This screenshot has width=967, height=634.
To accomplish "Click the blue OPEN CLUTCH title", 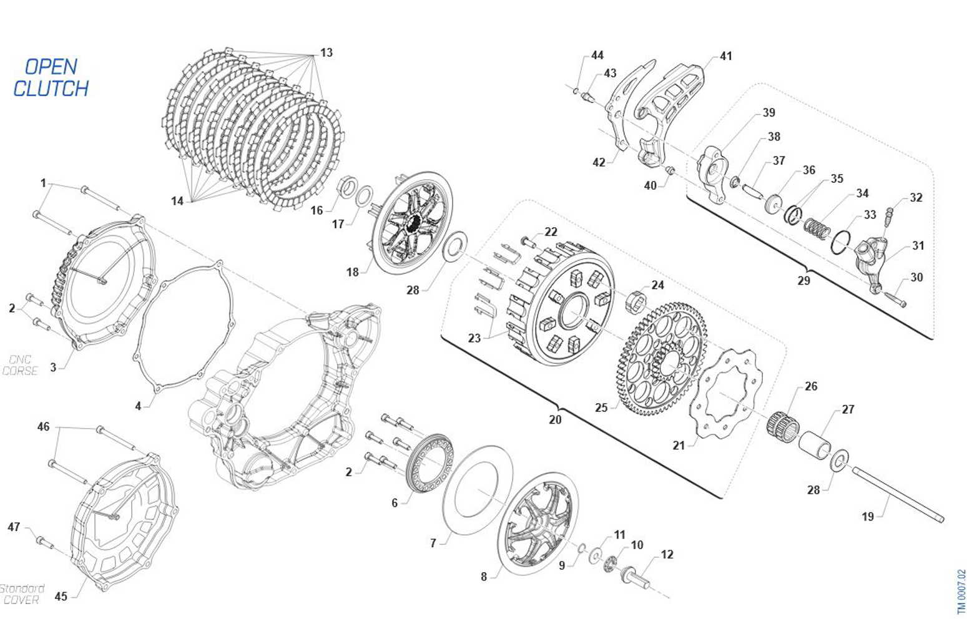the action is click(x=51, y=78).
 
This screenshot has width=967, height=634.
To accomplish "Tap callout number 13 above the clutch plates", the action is click(x=326, y=52).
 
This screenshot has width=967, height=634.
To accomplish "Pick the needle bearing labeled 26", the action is click(x=783, y=424).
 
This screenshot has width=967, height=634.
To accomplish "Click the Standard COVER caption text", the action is click(x=22, y=594).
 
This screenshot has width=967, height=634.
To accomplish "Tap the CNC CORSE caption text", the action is click(x=21, y=365).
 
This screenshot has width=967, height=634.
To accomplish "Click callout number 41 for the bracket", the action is click(x=725, y=56).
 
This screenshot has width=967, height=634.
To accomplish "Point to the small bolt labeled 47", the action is click(x=44, y=542).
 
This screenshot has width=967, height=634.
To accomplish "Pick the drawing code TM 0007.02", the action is click(x=961, y=592).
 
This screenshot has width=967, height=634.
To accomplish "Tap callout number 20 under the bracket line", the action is click(x=555, y=419).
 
